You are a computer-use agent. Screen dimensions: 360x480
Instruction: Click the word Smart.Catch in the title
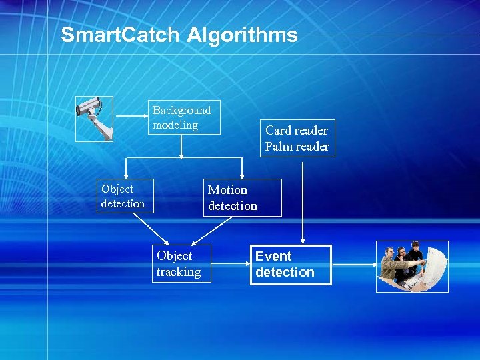point(121,35)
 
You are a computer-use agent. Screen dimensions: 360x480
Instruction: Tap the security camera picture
point(94,119)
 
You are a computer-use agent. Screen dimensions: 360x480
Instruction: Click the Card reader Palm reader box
point(297,139)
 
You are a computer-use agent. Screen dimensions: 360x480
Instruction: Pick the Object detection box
point(124,196)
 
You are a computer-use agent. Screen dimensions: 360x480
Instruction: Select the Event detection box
point(291,265)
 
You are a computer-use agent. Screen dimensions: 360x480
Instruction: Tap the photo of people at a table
point(412,267)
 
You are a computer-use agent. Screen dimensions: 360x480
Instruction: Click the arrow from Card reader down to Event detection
point(303,200)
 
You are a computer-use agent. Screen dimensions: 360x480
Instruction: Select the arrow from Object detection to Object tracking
point(152,228)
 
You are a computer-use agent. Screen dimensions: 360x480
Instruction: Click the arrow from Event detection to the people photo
point(353,265)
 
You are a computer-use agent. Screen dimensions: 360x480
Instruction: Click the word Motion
point(227,190)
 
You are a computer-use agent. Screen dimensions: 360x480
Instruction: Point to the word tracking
point(178,272)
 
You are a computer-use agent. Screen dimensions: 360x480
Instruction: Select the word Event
point(273,257)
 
